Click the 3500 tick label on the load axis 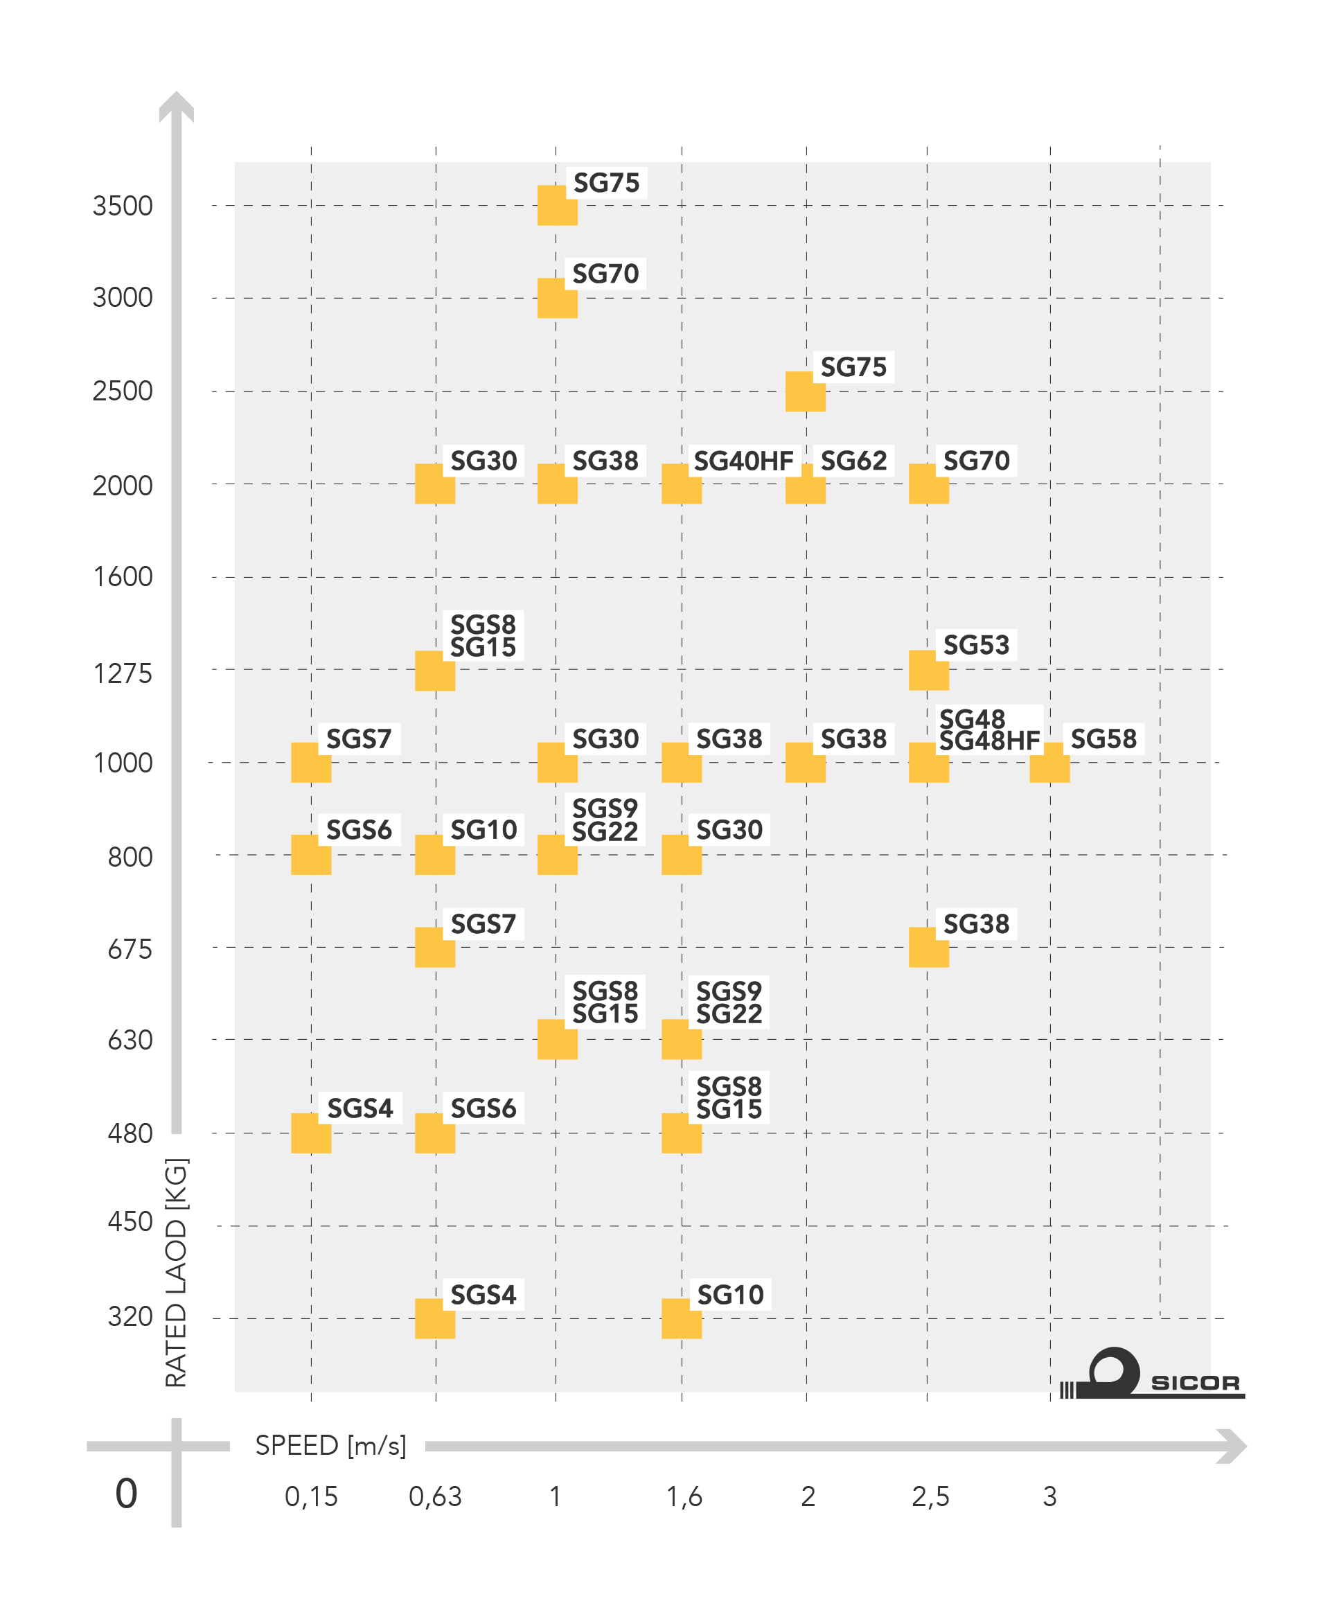coord(123,206)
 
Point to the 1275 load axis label coord(123,673)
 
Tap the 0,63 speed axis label coord(435,1496)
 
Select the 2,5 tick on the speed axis coord(930,1496)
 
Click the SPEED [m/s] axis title coord(330,1445)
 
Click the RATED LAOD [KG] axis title coord(176,1272)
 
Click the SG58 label coord(1103,738)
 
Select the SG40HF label coord(743,461)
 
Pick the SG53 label coord(976,645)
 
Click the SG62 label coord(853,461)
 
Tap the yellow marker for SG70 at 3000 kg coord(557,298)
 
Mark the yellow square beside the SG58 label coord(1049,763)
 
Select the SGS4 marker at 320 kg coord(435,1319)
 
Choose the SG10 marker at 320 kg coord(682,1319)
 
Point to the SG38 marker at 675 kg coord(928,948)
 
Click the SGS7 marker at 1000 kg coord(311,763)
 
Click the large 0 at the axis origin coord(126,1494)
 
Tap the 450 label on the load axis coord(130,1222)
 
